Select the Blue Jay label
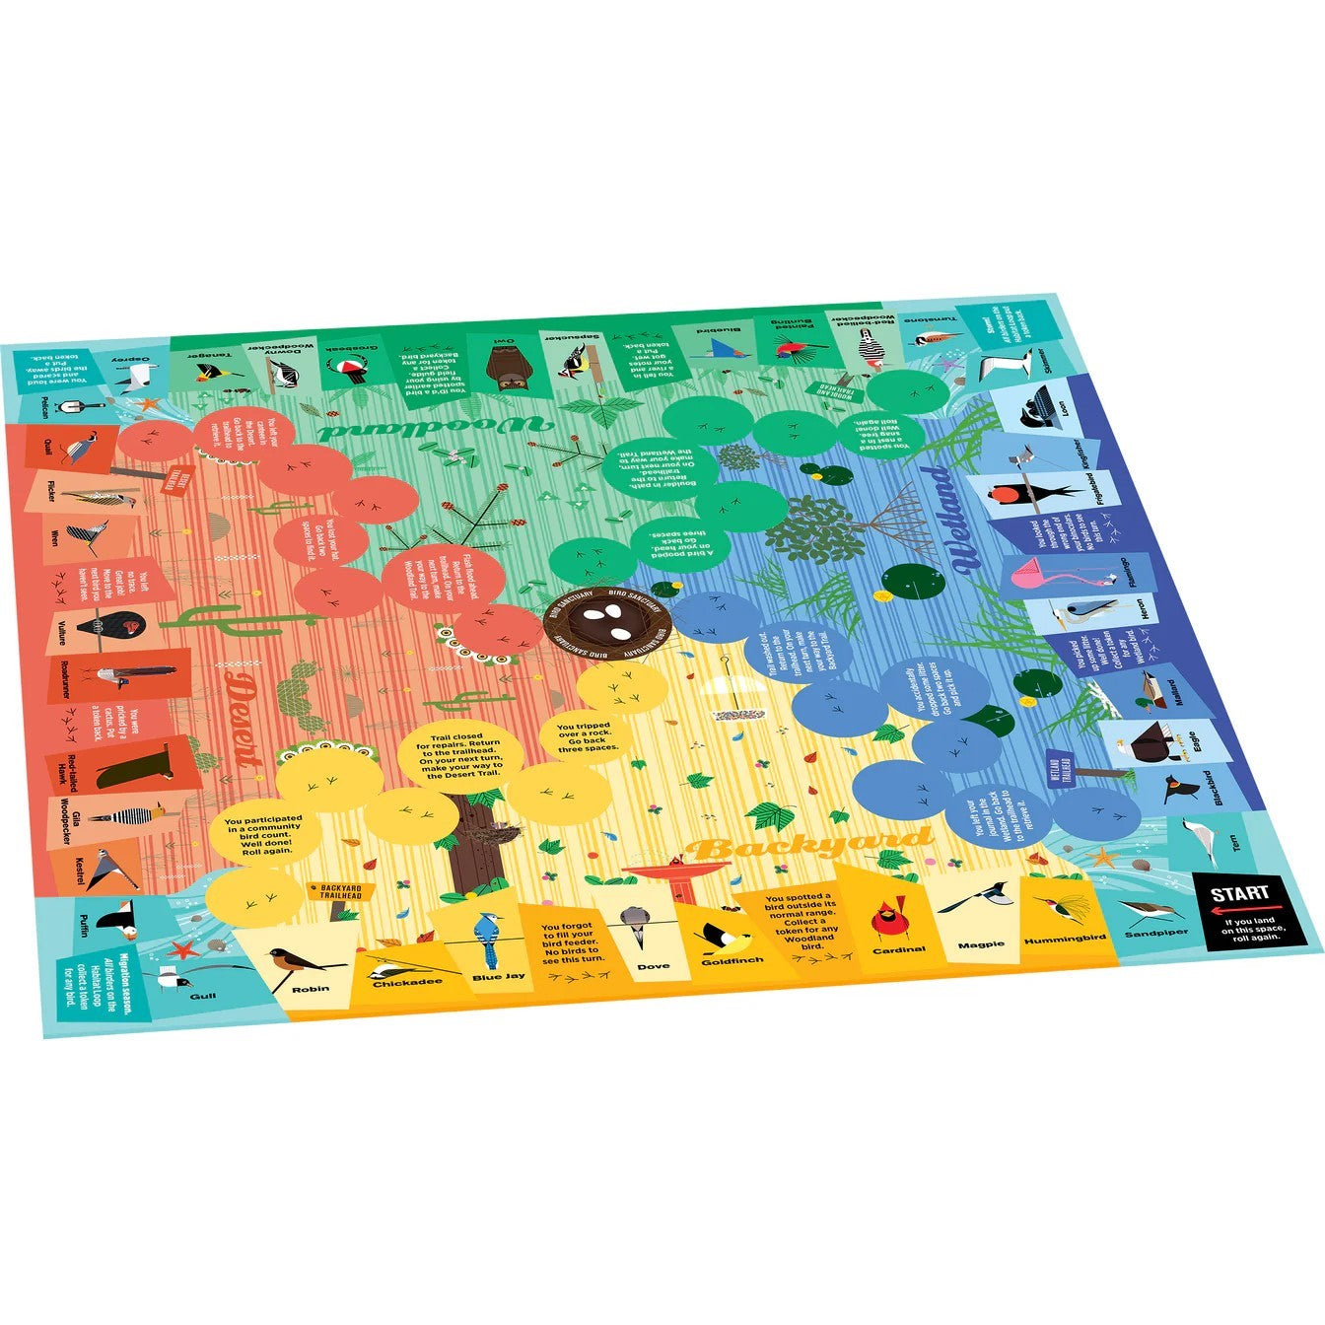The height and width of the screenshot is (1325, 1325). coord(499,976)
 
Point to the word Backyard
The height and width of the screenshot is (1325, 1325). coord(808,846)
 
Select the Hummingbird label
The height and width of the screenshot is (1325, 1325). coord(1064,939)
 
